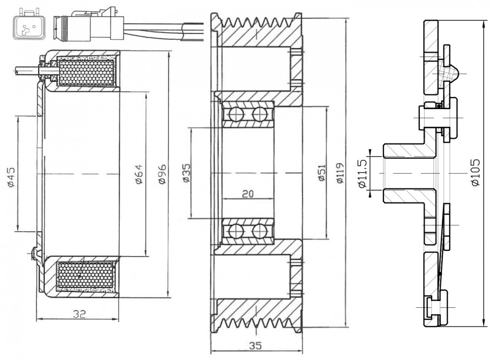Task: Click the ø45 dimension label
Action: [11, 177]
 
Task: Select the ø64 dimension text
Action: [139, 174]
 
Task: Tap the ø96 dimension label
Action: [162, 174]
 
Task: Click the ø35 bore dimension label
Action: [186, 173]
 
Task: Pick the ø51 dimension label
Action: [321, 173]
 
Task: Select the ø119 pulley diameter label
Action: [339, 173]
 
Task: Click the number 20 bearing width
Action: [248, 194]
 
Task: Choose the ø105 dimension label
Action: [475, 173]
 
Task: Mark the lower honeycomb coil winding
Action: [85, 275]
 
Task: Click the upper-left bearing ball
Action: [236, 114]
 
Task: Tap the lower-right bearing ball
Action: [260, 232]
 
